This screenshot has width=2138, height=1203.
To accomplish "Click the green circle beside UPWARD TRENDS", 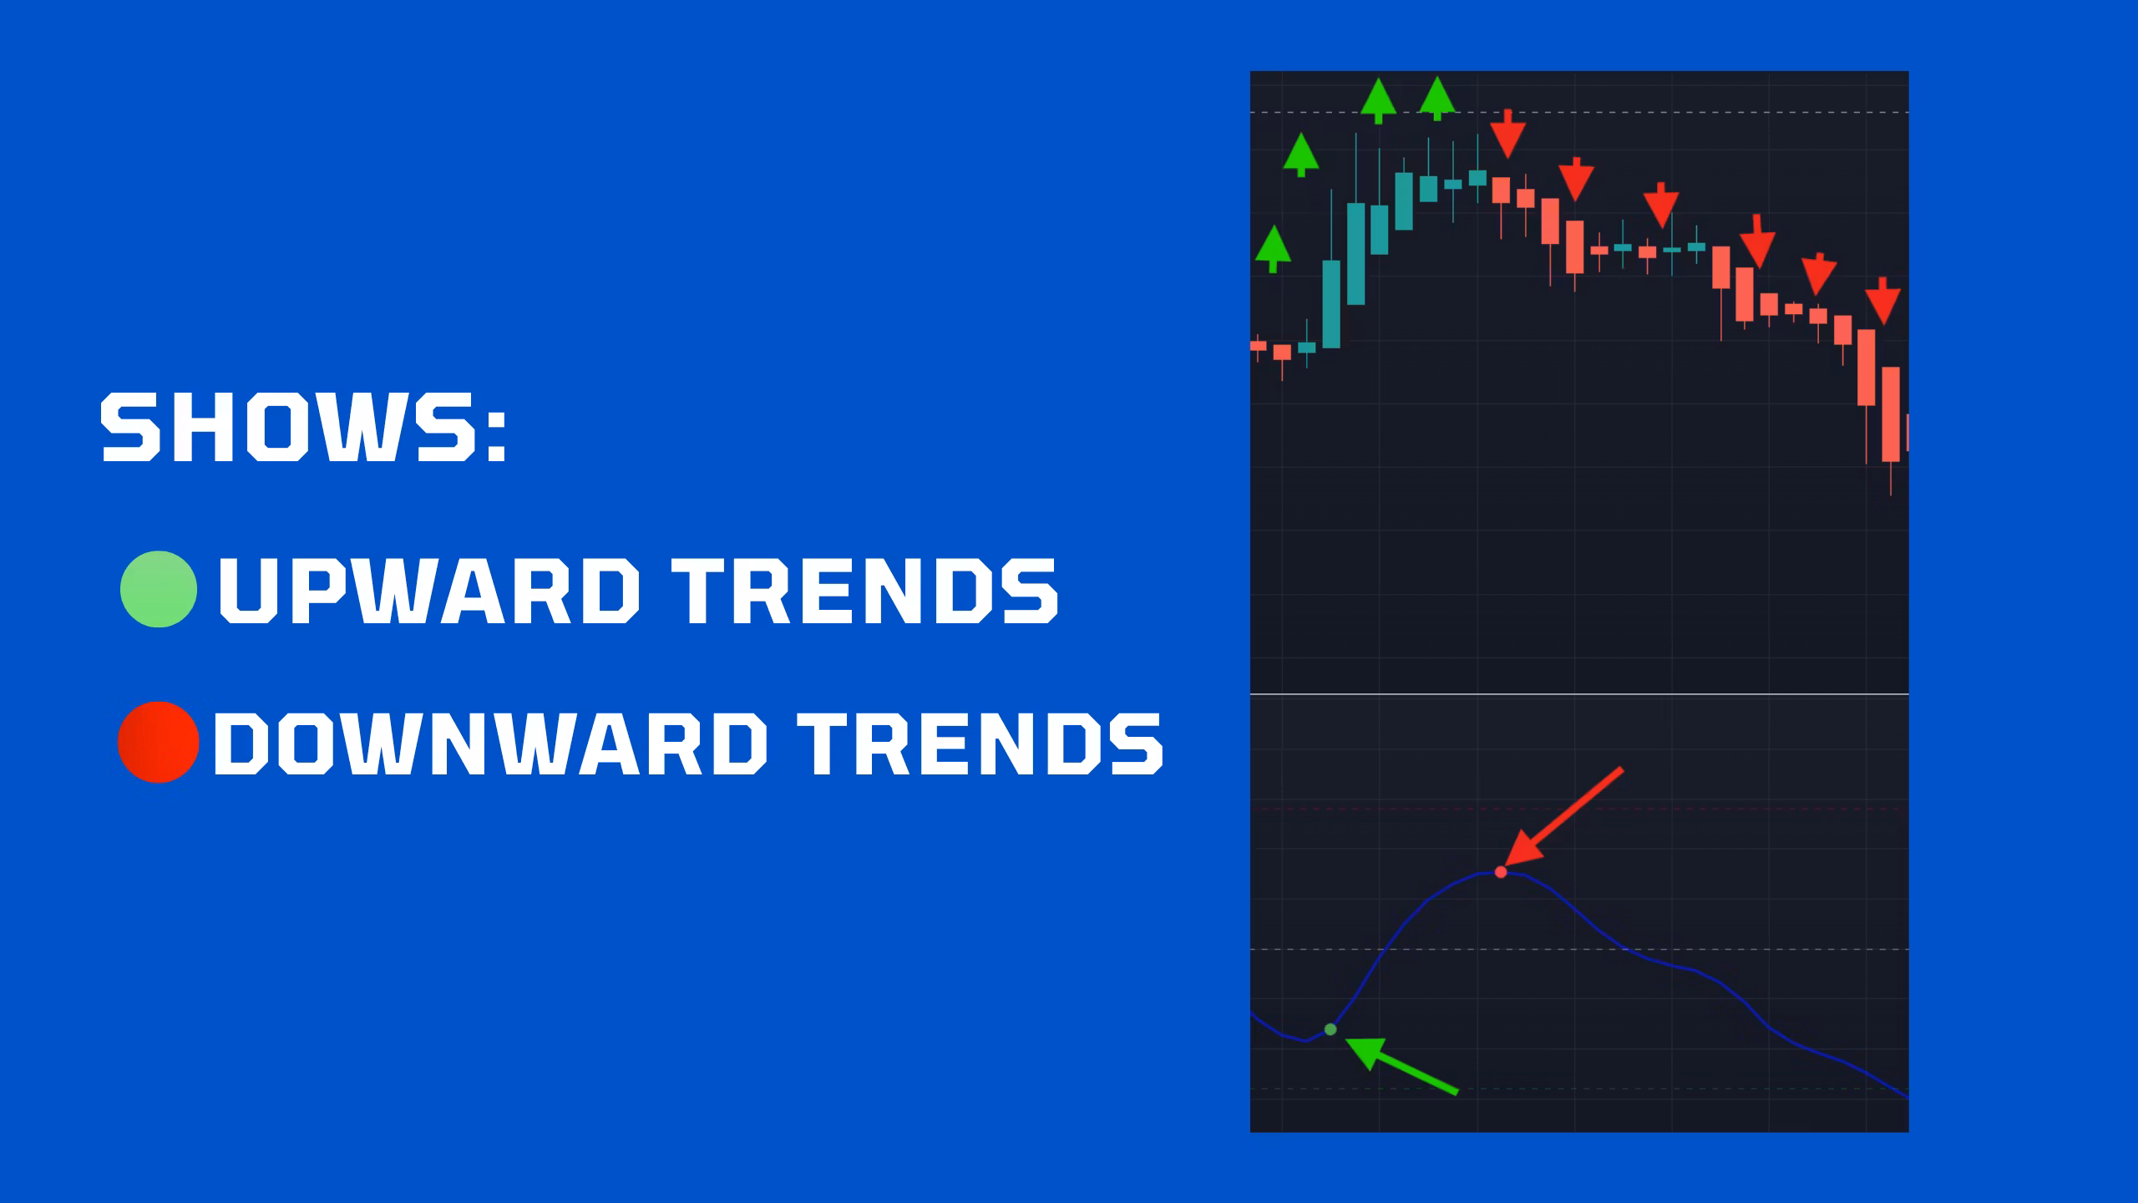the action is (159, 589).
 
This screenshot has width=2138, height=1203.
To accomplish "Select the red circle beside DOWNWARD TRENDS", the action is (159, 742).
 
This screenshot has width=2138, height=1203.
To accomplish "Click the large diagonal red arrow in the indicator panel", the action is (1563, 815).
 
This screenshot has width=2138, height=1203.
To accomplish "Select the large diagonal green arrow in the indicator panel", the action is (1402, 1065).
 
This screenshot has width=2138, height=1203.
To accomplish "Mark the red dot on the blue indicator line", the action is (1501, 872).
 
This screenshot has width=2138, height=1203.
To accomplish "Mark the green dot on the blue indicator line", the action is (1330, 1029).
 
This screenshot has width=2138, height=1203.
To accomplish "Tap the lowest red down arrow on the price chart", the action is (1883, 301).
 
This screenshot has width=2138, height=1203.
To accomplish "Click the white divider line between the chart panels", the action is (1579, 694).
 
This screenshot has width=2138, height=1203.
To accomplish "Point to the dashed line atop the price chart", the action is (1579, 112).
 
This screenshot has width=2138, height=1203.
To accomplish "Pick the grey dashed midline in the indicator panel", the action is (1579, 950).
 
